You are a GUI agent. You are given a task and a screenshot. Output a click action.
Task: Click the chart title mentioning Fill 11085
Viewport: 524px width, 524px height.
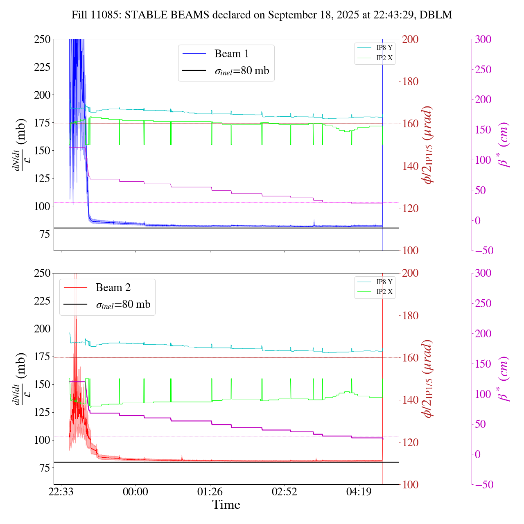[x=262, y=15]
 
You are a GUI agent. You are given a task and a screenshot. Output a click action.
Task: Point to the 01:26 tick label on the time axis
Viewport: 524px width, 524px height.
[x=210, y=491]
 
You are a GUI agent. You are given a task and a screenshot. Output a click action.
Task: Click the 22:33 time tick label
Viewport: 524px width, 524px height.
[x=61, y=491]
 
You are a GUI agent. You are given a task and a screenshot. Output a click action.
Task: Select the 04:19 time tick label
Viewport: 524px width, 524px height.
[x=359, y=491]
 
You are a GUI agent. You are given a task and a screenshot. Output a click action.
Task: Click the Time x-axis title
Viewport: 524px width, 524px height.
[x=226, y=505]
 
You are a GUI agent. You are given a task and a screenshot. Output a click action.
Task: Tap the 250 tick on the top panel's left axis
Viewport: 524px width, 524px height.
[x=42, y=39]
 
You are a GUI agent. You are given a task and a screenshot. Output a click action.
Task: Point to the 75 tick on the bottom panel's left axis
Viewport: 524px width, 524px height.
[x=45, y=468]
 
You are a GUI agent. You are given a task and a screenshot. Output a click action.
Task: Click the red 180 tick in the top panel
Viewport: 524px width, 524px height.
[x=411, y=81]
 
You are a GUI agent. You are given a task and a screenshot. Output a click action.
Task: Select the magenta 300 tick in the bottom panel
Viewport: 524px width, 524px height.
[x=483, y=273]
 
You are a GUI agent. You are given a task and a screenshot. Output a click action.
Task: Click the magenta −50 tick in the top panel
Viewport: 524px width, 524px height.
[x=484, y=251]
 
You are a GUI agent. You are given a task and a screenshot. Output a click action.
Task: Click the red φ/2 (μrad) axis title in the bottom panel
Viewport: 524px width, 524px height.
[x=428, y=379]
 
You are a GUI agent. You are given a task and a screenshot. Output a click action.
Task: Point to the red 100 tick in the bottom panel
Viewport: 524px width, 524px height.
[x=411, y=485]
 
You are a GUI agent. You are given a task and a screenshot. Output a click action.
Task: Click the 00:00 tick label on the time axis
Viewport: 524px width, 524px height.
[x=136, y=491]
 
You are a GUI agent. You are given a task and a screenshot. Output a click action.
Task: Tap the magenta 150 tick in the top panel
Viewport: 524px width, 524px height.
[x=483, y=130]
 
